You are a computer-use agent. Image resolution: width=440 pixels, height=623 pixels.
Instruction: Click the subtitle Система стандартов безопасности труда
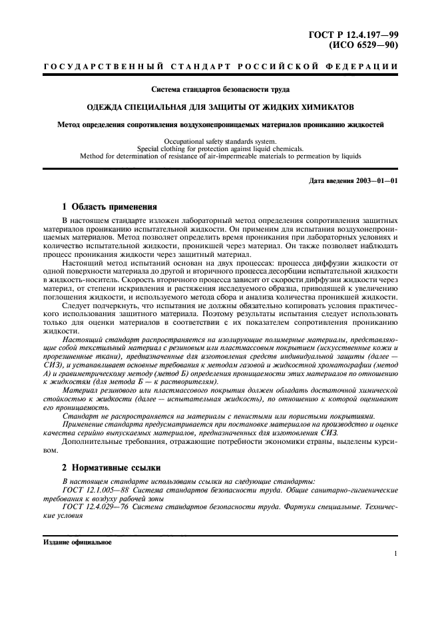coord(220,89)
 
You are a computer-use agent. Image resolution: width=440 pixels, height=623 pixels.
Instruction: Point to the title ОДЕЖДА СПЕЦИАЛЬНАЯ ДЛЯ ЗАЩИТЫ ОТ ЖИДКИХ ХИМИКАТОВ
coord(220,106)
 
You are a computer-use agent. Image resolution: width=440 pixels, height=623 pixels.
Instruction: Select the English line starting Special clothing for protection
coord(220,149)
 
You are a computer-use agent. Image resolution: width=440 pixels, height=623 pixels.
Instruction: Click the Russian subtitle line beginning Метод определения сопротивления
coord(220,124)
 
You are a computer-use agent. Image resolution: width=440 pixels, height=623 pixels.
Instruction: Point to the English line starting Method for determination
coord(220,157)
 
